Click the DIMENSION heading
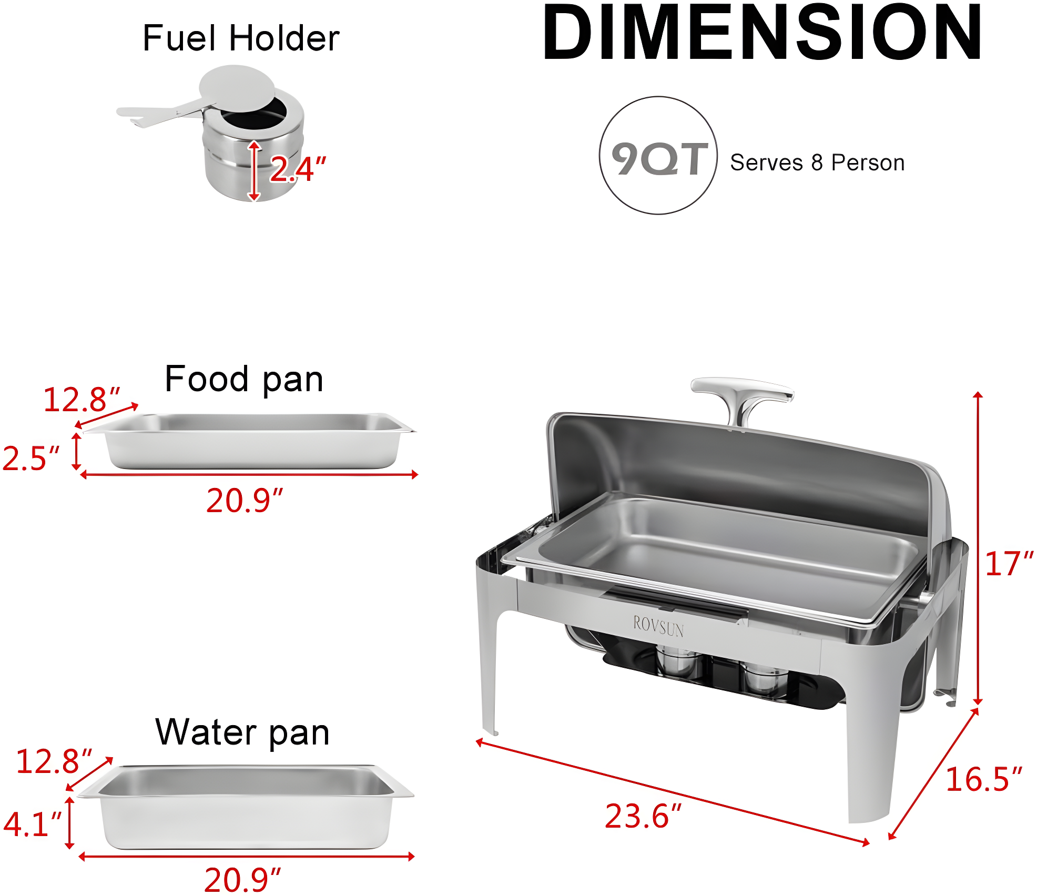tap(762, 33)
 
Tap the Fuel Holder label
tap(241, 38)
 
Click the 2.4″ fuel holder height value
tap(298, 169)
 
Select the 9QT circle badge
tap(658, 156)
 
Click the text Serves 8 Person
tap(817, 163)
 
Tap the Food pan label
tap(243, 379)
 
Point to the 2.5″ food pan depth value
tap(30, 458)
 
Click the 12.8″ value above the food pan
tap(82, 400)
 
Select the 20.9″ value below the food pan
tap(244, 501)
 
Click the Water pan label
tap(242, 732)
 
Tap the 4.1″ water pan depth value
tap(32, 824)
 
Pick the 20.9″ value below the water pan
tap(242, 879)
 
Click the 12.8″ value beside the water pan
tap(54, 761)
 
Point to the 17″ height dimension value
tap(1009, 564)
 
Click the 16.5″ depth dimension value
tap(983, 779)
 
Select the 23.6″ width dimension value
tap(643, 816)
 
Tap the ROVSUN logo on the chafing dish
tap(658, 626)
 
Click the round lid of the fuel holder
tap(237, 89)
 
